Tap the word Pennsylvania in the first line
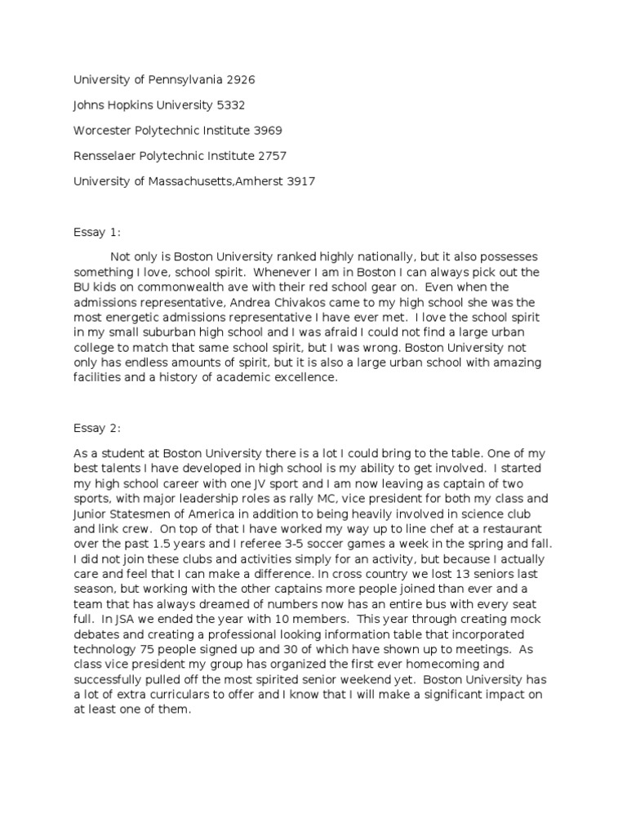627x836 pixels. pos(176,79)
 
